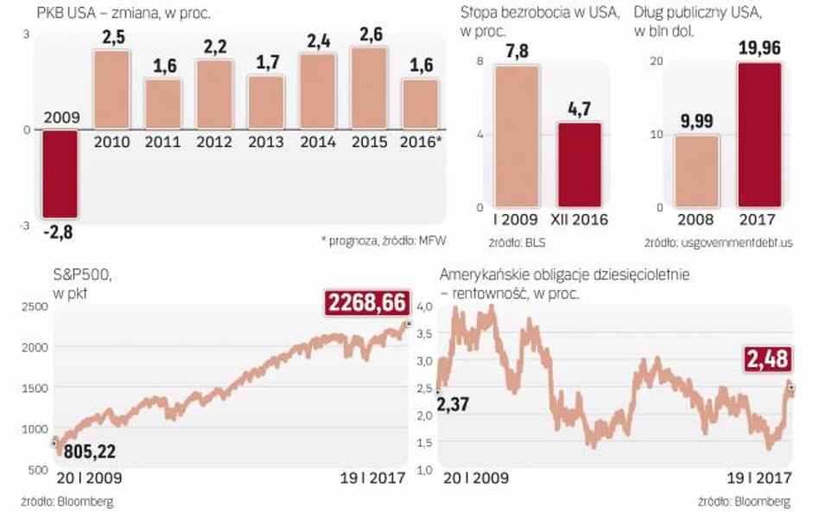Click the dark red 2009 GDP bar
coord(60,173)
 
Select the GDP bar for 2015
coord(370,88)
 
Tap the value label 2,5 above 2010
coord(111,38)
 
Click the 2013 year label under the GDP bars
coord(266,142)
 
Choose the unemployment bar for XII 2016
coord(580,165)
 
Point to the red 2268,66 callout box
coord(367,302)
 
